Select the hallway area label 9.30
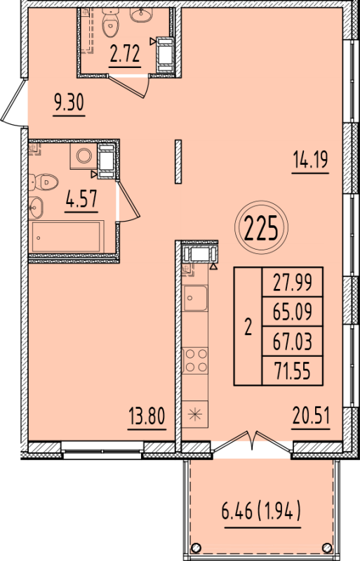coord(69,103)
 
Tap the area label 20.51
coord(310,417)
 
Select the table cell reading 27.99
coord(291,283)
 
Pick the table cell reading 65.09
coord(291,311)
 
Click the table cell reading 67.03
coord(291,342)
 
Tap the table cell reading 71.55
coord(291,371)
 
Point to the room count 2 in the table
coord(247,327)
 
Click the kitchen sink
coord(194,299)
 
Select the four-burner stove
coord(194,360)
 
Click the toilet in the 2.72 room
coord(111,24)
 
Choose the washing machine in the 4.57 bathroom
coord(85,155)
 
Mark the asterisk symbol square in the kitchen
coord(194,414)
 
